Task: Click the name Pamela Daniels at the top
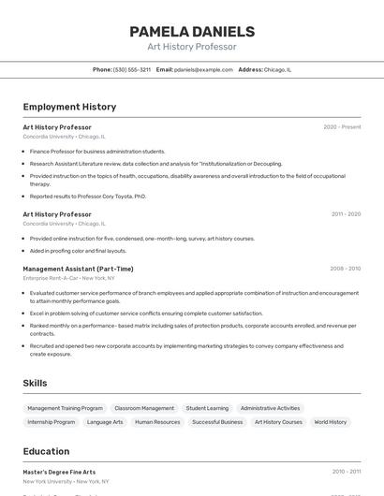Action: [x=192, y=32]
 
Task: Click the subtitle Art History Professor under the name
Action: [x=192, y=47]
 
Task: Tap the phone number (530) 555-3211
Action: [x=132, y=69]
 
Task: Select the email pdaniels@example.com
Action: [x=203, y=69]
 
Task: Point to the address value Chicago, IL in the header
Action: [x=277, y=69]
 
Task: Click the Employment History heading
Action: [x=69, y=107]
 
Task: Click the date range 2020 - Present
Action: [x=342, y=126]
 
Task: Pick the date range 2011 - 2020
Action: [x=346, y=214]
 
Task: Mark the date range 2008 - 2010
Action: [x=345, y=269]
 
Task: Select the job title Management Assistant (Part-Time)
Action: [x=78, y=269]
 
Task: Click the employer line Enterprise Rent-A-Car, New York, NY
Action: [x=68, y=278]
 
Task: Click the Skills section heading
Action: [x=35, y=383]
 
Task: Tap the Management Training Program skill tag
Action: [x=65, y=408]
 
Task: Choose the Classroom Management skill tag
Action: [x=144, y=408]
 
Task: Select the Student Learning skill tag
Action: [x=207, y=408]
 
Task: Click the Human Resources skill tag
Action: [x=157, y=422]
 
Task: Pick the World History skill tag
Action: [x=331, y=422]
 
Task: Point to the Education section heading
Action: [x=46, y=451]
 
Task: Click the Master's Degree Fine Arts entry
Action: [x=59, y=472]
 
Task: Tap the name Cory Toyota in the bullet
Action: [x=117, y=197]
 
